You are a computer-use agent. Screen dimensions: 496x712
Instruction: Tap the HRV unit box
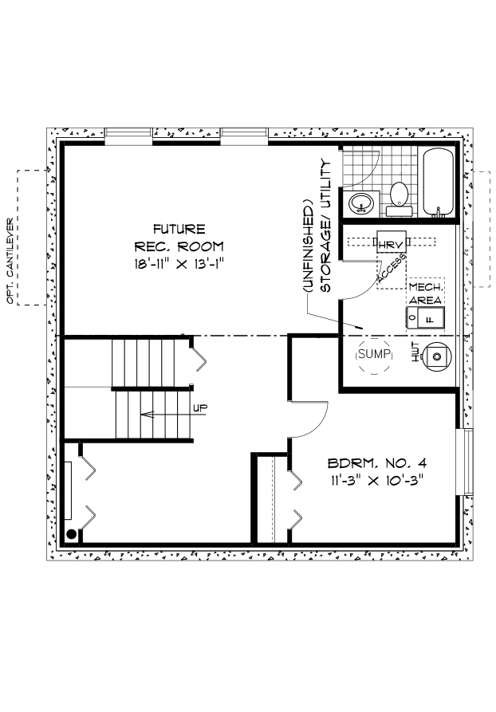(x=391, y=242)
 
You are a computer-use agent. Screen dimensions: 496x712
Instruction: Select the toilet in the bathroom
(x=400, y=199)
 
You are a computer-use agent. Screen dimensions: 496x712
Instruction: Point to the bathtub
(x=439, y=183)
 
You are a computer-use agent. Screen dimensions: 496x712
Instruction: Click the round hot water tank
(x=436, y=356)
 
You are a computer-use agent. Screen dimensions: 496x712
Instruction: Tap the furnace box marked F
(x=426, y=318)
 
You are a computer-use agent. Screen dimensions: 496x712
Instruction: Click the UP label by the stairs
(x=200, y=407)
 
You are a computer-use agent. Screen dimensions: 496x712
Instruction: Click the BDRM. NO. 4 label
(x=377, y=463)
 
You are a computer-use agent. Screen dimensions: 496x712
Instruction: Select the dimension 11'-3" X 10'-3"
(x=377, y=480)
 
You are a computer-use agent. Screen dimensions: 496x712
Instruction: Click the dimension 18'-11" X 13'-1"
(x=180, y=264)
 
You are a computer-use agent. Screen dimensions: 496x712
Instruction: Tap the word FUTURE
(x=179, y=228)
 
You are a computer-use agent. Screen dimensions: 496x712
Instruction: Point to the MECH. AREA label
(x=426, y=293)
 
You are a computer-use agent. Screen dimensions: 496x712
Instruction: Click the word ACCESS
(x=391, y=271)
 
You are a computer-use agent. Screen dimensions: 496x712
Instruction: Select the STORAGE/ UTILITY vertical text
(x=326, y=225)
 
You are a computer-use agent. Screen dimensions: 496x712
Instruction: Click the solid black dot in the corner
(x=71, y=534)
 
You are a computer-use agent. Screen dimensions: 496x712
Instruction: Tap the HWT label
(x=415, y=352)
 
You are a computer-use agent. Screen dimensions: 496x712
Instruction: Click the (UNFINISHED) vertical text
(x=309, y=246)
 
